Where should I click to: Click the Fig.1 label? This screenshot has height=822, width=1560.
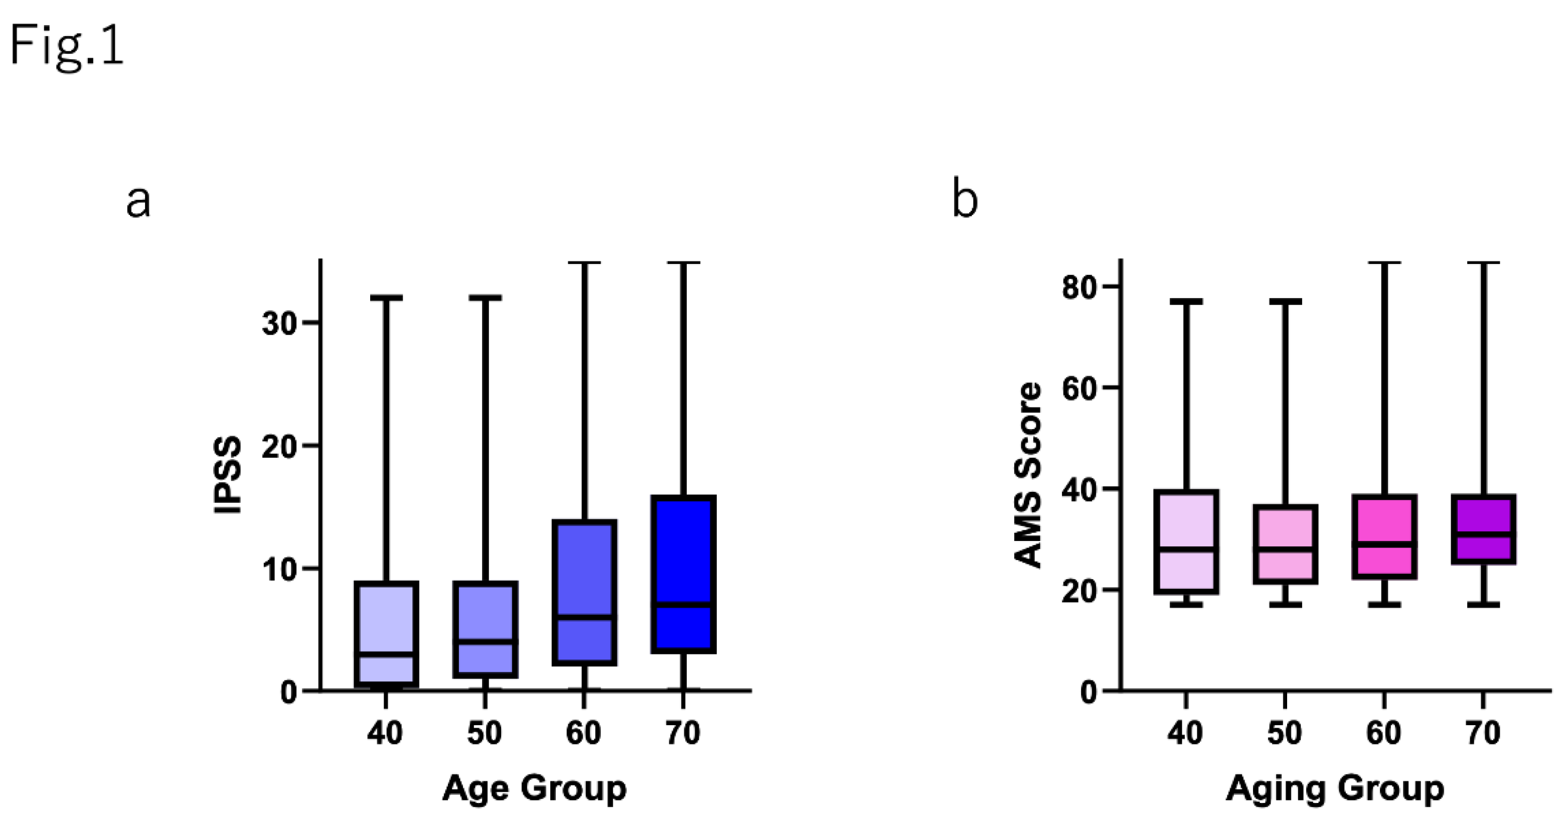pos(67,49)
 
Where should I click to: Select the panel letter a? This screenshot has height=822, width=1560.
pos(138,202)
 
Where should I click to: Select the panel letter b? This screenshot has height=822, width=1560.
pos(965,198)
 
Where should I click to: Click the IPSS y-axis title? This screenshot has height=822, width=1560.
pos(228,476)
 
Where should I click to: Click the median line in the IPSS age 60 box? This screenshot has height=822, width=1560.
pos(584,617)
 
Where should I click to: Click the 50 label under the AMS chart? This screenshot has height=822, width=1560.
pos(1285,734)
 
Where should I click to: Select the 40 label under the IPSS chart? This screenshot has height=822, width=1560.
pos(385,734)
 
